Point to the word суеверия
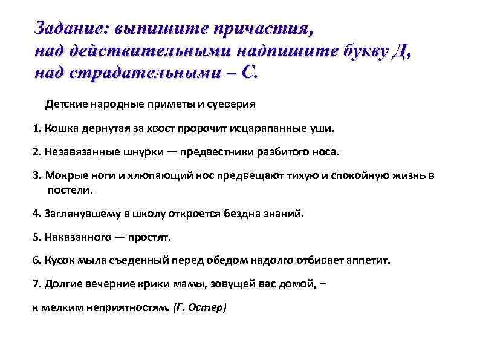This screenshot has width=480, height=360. [232, 104]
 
